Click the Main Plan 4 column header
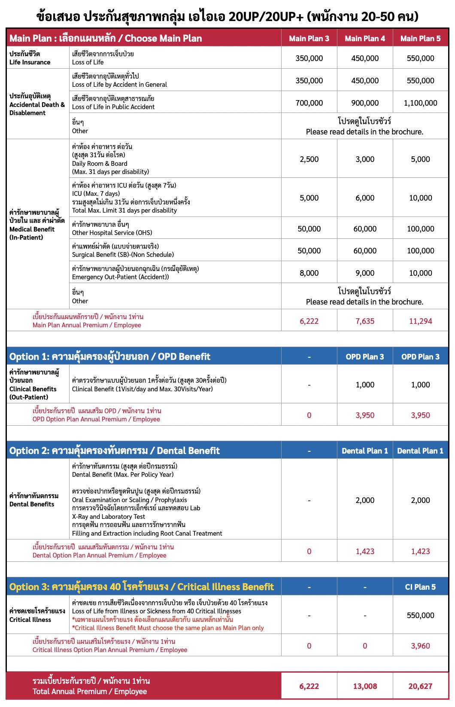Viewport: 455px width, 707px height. pos(365,38)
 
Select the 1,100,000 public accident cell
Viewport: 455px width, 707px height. pos(420,103)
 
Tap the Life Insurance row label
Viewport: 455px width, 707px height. pos(30,58)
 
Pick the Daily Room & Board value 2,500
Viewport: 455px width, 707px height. pos(309,159)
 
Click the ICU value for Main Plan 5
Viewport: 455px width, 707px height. pos(420,198)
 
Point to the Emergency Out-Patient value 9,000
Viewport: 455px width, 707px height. pos(365,273)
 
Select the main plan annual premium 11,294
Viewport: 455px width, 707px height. pos(420,321)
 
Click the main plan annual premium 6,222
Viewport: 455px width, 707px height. pos(309,321)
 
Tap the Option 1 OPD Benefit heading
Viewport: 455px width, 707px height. pos(110,357)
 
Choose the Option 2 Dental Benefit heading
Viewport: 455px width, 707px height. pos(115,451)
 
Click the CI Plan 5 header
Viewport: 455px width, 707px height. pos(420,587)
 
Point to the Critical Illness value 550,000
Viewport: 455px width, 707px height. pos(420,615)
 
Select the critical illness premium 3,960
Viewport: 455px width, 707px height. pos(420,646)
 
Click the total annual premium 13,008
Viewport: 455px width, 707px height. pos(365,686)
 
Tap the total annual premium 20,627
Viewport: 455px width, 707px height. pos(420,686)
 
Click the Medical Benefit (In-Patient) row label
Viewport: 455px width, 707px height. pos(37,225)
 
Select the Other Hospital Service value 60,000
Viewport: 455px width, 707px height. pos(365,229)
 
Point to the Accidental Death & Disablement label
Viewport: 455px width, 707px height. pos(37,104)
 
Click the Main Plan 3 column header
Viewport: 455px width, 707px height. pos(309,38)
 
